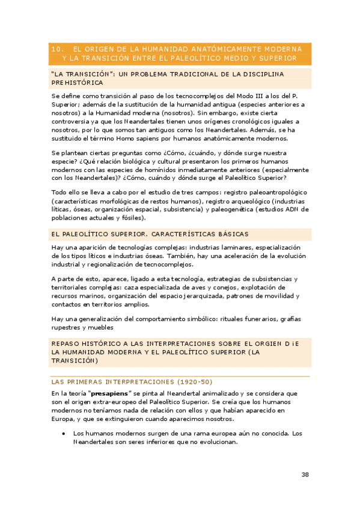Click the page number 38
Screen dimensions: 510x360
point(305,475)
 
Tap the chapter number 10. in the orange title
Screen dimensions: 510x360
point(58,49)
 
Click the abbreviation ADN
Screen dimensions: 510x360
point(291,209)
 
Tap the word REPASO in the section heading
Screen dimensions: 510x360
point(66,342)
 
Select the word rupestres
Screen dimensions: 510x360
point(69,328)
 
